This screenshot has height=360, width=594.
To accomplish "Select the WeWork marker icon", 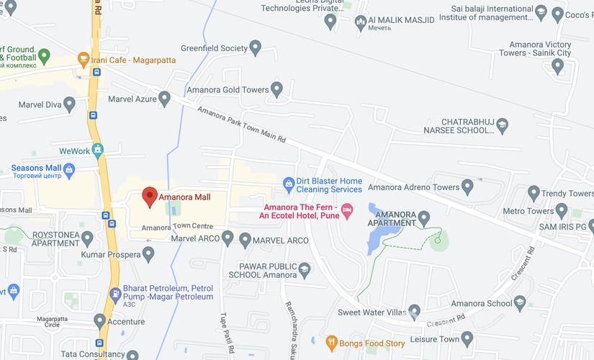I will (x=98, y=150).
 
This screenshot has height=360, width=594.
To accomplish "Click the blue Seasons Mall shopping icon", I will (x=69, y=170).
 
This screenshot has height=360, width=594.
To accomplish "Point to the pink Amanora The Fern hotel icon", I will (x=347, y=211).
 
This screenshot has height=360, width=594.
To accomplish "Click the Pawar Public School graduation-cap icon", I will (x=304, y=269).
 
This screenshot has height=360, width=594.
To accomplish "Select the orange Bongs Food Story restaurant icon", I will (x=332, y=343).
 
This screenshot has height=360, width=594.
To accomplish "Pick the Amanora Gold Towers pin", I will (x=276, y=90).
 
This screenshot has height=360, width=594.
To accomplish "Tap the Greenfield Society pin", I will (x=254, y=48).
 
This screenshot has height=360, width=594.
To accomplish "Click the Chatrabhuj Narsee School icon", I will (x=503, y=126).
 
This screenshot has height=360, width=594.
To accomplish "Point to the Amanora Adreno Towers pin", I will (x=467, y=187).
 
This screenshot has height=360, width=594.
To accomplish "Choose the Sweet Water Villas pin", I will (x=414, y=312).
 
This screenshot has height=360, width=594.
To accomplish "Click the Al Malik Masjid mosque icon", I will (x=361, y=22).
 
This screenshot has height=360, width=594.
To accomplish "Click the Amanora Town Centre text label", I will (x=176, y=228).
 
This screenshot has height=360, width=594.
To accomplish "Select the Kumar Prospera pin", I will (x=148, y=254).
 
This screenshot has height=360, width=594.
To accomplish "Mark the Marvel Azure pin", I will (x=164, y=98).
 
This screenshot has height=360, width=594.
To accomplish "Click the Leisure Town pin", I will (x=467, y=338).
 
